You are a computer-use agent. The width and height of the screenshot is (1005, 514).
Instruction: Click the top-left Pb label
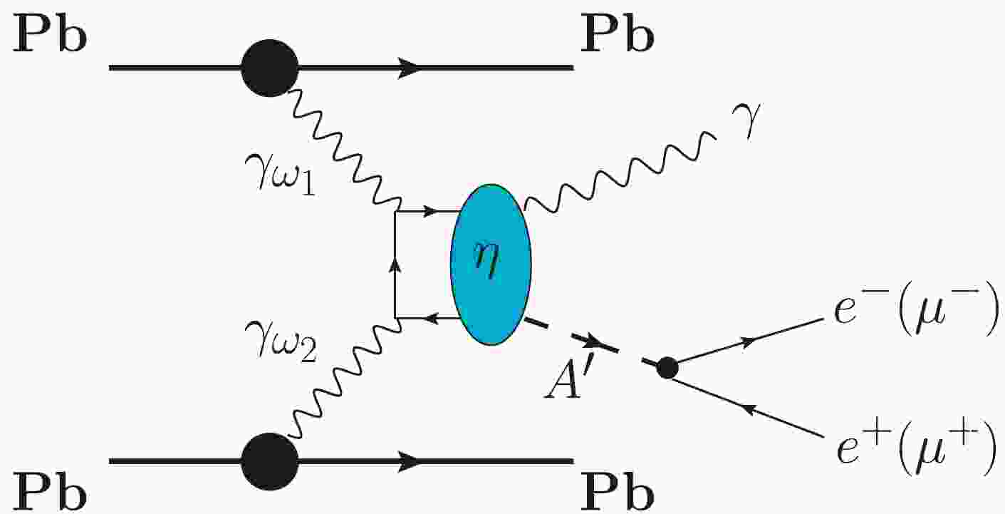pos(49,39)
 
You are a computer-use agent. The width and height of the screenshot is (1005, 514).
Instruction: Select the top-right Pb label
pos(617,39)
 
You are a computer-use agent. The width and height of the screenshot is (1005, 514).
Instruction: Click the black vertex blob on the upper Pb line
pos(269,68)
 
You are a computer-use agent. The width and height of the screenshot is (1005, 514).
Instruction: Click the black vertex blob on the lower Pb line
pos(269,462)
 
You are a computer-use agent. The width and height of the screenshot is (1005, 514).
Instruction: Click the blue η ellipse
pos(491,264)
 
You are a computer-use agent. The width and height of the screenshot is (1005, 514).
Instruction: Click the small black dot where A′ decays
pos(667,368)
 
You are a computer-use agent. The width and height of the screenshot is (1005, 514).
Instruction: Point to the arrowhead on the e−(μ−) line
pos(748,343)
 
